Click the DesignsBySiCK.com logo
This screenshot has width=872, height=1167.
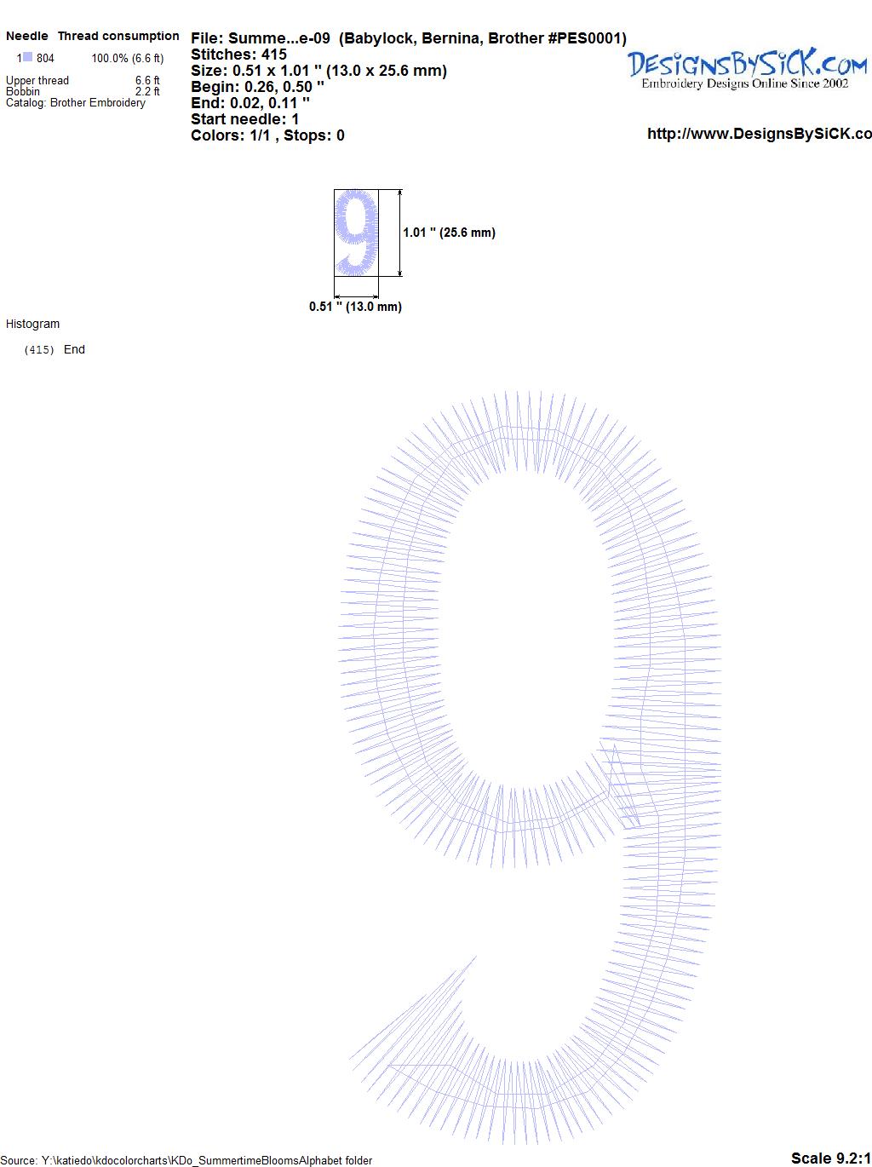click(747, 69)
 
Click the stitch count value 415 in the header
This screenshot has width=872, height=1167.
click(273, 55)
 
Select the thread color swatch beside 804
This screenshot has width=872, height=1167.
click(27, 57)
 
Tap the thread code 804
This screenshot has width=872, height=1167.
click(45, 58)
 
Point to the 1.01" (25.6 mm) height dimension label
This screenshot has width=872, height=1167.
click(449, 233)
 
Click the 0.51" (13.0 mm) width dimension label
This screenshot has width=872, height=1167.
click(355, 307)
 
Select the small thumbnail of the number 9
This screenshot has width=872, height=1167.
click(356, 233)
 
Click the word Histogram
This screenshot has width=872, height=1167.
click(32, 324)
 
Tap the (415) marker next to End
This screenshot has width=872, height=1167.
click(39, 350)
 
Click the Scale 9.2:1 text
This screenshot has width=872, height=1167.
click(831, 1158)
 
